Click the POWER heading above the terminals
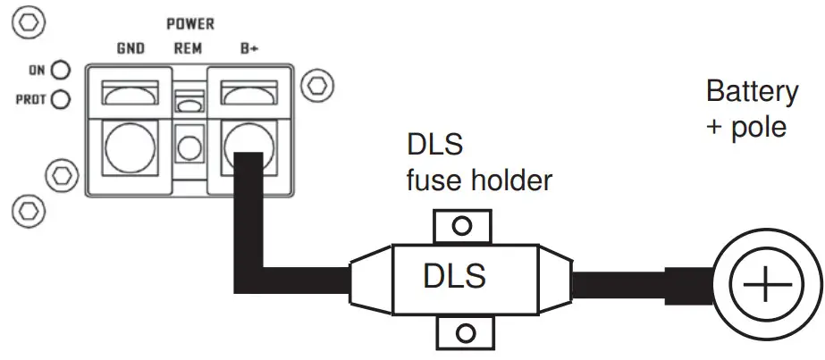pyautogui.click(x=189, y=24)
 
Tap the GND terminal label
pyautogui.click(x=131, y=49)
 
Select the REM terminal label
pyautogui.click(x=187, y=49)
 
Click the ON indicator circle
pyautogui.click(x=61, y=70)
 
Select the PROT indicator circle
pyautogui.click(x=61, y=99)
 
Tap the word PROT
pyautogui.click(x=31, y=99)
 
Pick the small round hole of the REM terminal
pyautogui.click(x=188, y=147)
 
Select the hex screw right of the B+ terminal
pyautogui.click(x=315, y=87)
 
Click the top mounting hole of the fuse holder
pyautogui.click(x=461, y=226)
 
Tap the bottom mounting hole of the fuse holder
pyautogui.click(x=463, y=334)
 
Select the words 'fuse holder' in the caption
pyautogui.click(x=479, y=180)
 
